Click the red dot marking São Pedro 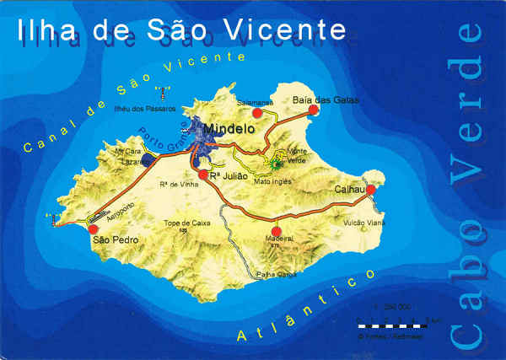[94, 228]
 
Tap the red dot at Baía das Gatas [313, 110]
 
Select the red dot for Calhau [370, 190]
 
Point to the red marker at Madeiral [276, 230]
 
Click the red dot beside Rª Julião [203, 175]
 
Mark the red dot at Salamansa [257, 113]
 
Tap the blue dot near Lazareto [148, 159]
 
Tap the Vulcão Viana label [364, 223]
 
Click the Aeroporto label [121, 208]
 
